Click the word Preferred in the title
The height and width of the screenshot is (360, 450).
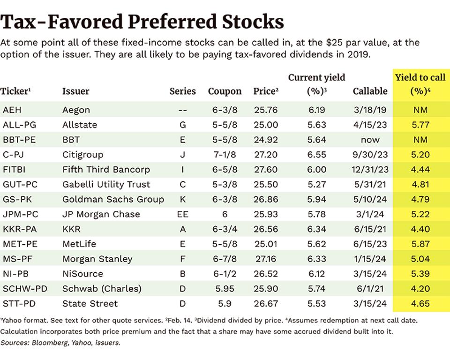click(x=172, y=22)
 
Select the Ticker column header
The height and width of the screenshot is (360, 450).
click(x=15, y=91)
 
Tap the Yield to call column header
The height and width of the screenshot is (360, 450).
click(x=420, y=84)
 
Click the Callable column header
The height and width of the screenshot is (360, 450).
click(x=370, y=91)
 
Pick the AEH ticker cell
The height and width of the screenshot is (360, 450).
click(x=12, y=110)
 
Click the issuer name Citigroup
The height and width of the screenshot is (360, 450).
click(x=82, y=155)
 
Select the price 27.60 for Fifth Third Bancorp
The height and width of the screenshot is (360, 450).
click(x=266, y=169)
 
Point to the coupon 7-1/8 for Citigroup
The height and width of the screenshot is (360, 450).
click(x=225, y=154)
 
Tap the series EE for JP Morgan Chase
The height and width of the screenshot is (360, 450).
click(x=182, y=214)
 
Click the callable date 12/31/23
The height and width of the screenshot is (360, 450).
click(x=370, y=169)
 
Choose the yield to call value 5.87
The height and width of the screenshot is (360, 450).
click(x=420, y=244)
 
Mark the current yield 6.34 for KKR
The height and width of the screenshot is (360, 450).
click(x=316, y=229)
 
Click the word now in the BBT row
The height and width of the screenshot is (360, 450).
click(x=370, y=140)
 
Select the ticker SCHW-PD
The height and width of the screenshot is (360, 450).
click(x=25, y=289)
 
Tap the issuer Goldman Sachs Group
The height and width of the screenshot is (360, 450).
click(x=113, y=199)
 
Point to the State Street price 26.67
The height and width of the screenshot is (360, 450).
click(x=266, y=303)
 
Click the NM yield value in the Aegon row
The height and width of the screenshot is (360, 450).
click(x=420, y=110)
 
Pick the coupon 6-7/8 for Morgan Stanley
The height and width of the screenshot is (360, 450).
click(x=225, y=259)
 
